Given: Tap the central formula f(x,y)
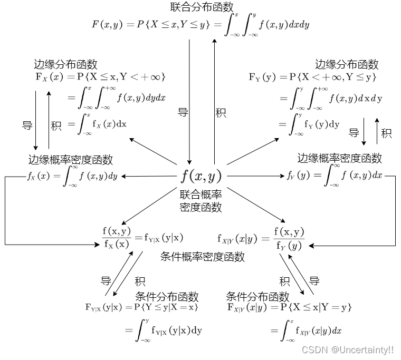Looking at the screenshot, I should tap(201, 176).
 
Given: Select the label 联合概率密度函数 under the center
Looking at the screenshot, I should tap(200, 200).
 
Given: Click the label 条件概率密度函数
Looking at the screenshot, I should tap(202, 257).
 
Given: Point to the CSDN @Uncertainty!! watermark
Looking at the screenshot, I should tap(347, 349).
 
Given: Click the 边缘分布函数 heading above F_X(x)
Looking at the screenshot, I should tap(66, 64).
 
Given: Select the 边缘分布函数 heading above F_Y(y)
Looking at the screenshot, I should tap(347, 64).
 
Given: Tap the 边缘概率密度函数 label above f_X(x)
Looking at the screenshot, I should tap(71, 159).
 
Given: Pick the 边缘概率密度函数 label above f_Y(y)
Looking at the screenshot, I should tap(339, 158).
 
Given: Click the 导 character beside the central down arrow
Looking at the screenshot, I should tap(183, 112).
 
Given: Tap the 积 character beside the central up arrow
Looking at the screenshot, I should tap(221, 112).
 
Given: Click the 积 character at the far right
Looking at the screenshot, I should tap(386, 133).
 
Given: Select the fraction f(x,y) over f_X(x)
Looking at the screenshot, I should tap(116, 237).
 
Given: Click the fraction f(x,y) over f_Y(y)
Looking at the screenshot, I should tap(289, 238).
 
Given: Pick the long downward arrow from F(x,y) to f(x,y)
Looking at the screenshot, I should tap(189, 100).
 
